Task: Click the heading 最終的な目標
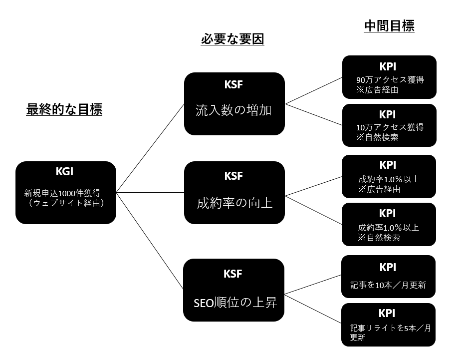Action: coord(64,109)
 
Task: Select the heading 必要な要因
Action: coord(232,39)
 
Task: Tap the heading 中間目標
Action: coord(389,26)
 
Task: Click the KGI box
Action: coord(66,192)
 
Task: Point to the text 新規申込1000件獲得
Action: coord(62,193)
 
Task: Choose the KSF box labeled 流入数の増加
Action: coord(234,104)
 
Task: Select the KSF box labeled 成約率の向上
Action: coord(234,193)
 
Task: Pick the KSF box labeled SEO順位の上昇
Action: coord(234,290)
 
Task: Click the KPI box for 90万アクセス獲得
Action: coord(389,77)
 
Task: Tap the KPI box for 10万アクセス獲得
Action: coord(389,125)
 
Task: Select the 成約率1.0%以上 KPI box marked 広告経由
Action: coord(389,176)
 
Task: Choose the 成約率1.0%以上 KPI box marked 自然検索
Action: coord(389,224)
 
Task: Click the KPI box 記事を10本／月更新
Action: coord(388,277)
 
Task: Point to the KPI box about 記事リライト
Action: coord(388,325)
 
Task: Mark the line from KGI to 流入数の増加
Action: coord(150,148)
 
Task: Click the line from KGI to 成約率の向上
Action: coord(150,192)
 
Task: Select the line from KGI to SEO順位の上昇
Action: coord(150,241)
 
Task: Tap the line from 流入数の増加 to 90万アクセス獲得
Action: coord(314,90)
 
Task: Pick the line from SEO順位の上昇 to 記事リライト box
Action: coord(313,309)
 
